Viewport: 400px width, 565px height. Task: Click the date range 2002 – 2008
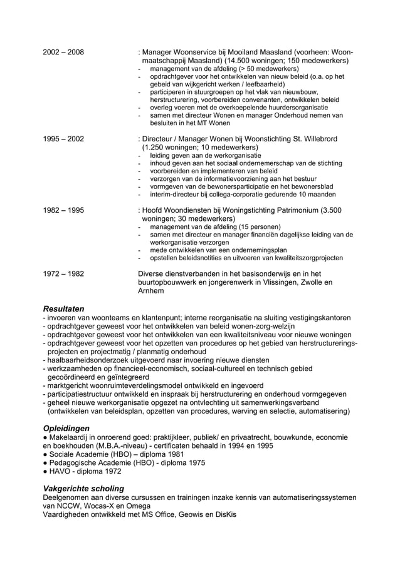click(63, 52)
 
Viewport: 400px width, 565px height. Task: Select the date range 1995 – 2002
click(63, 139)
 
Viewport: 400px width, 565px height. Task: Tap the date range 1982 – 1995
click(63, 210)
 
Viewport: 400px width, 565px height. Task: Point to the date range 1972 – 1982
click(63, 273)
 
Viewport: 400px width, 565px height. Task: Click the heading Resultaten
click(63, 308)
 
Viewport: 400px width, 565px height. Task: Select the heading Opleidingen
click(65, 427)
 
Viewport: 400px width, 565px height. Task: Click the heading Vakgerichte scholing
click(82, 488)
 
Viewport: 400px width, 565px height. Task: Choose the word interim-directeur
click(177, 195)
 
